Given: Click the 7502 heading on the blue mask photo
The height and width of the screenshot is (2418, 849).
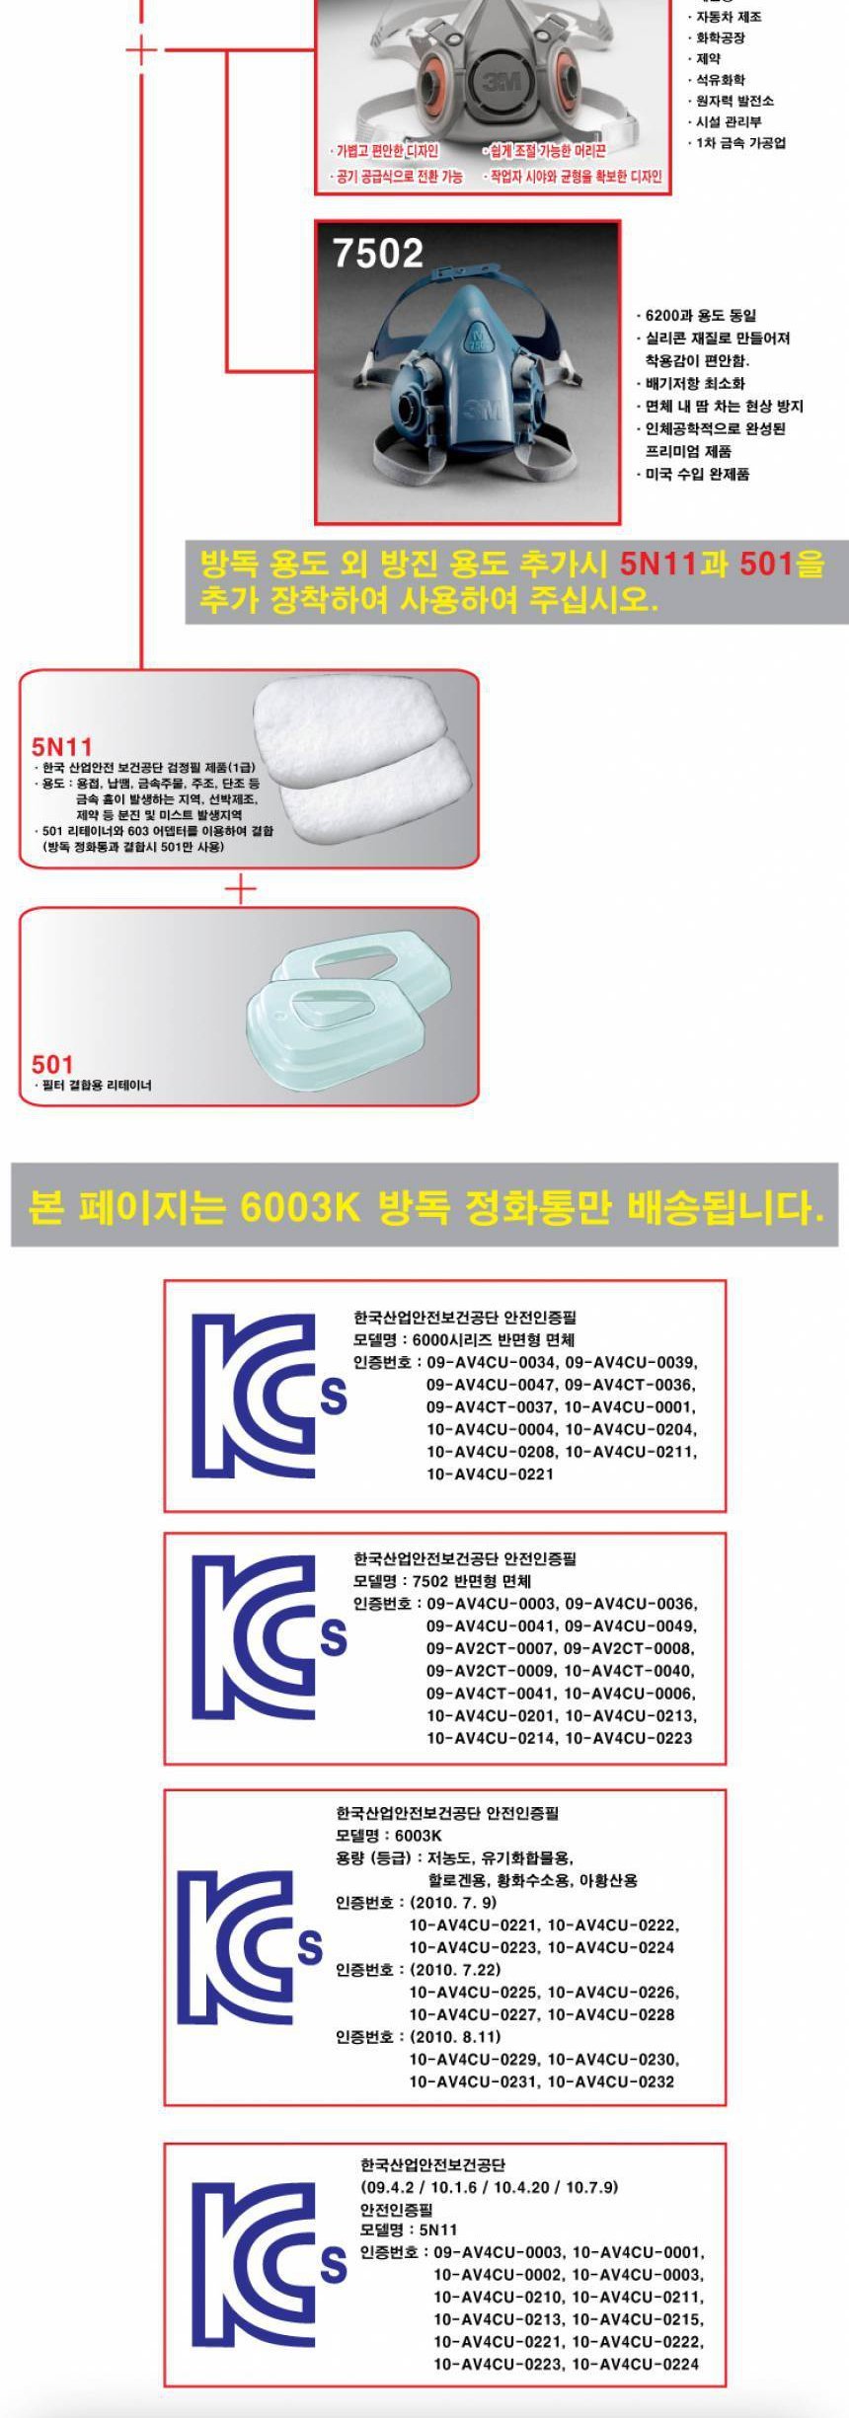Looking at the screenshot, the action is click(377, 254).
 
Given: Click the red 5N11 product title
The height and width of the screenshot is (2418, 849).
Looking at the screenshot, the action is click(61, 746).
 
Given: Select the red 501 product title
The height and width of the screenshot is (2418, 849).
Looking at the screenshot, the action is click(52, 1064).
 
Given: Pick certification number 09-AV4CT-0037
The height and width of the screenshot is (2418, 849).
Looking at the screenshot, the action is click(492, 1407).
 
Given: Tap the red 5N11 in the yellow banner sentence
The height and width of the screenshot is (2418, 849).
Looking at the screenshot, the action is click(659, 565).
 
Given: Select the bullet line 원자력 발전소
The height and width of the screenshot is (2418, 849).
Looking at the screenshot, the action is click(731, 101).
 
